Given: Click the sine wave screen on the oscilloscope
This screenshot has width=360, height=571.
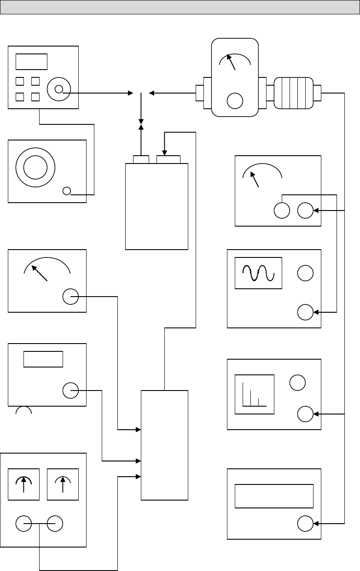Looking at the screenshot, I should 258,273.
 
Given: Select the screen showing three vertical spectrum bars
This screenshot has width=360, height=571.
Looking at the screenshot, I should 254,394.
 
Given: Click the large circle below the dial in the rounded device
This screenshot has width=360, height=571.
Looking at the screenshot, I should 235,100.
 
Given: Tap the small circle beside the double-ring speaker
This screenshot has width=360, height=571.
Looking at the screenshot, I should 67,191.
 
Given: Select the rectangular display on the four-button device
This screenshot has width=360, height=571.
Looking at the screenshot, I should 31,62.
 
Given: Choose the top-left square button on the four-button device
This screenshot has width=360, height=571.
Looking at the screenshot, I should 20,81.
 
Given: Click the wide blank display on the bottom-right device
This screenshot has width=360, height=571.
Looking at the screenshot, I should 274,496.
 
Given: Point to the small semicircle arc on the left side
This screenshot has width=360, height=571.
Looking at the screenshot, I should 23,411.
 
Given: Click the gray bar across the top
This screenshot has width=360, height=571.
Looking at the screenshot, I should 180,7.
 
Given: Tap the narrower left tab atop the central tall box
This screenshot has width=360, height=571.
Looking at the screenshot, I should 141,160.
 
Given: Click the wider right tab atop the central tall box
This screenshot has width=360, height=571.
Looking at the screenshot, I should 168,160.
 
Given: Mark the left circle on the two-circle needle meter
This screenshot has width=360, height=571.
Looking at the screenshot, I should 282,211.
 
